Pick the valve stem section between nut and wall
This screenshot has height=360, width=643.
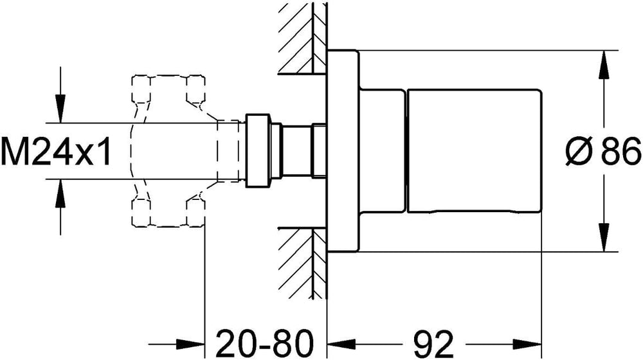tap(298, 152)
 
